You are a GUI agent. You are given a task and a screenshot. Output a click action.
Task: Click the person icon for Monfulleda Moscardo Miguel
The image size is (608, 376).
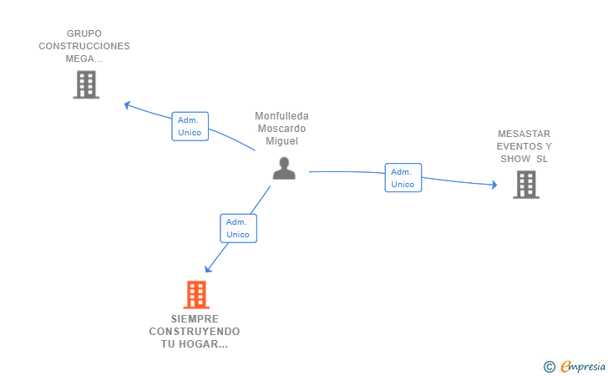tap(284, 169)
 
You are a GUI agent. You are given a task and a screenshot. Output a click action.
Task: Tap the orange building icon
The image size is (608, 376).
tap(195, 294)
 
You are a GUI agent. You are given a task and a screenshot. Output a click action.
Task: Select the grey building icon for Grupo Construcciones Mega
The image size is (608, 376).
tap(85, 84)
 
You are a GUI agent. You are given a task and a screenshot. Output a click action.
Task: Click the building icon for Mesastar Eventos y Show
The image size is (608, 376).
tap(525, 184)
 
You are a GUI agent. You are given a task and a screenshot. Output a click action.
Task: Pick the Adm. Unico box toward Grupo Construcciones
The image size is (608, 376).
tap(190, 126)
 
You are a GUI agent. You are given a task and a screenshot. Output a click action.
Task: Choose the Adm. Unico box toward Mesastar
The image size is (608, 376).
tap(403, 177)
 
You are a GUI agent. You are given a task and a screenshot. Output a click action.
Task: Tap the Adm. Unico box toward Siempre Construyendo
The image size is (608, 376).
tap(238, 228)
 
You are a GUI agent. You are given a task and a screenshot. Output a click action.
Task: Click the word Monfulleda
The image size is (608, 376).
tap(281, 116)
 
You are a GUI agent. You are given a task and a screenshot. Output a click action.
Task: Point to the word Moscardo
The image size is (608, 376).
tap(281, 129)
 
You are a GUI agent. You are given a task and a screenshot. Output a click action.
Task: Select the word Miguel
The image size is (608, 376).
tap(281, 141)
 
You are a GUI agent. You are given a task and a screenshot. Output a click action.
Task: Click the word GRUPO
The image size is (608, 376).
tap(84, 33)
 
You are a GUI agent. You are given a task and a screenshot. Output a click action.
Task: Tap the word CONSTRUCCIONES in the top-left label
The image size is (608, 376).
tap(84, 46)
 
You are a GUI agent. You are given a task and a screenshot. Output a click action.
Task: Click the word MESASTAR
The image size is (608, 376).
tap(524, 134)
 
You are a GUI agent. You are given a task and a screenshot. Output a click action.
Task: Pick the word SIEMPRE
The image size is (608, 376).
tap(195, 319)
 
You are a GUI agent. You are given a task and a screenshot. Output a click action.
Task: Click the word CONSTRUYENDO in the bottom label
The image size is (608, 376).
tap(195, 332)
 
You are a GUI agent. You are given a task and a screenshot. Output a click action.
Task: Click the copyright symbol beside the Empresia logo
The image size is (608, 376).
tap(549, 366)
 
